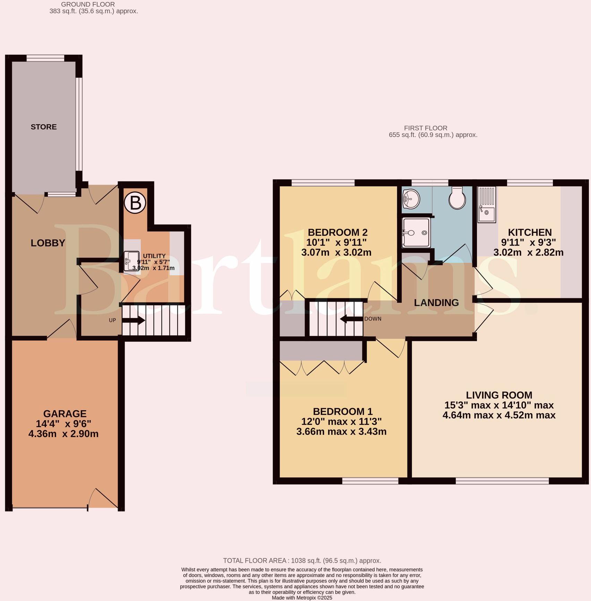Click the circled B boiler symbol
click(x=135, y=203)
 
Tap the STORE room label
click(x=44, y=127)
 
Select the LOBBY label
click(x=48, y=243)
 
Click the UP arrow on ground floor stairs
click(x=133, y=320)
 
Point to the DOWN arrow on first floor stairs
click(x=351, y=319)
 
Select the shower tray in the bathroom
click(x=416, y=233)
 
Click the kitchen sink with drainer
click(x=487, y=204)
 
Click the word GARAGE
click(x=65, y=414)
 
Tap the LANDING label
click(x=436, y=303)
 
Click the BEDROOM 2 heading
click(x=337, y=232)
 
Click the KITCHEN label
click(x=530, y=232)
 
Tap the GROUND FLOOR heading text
click(x=88, y=5)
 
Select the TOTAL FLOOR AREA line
click(x=302, y=560)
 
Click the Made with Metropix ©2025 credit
click(x=302, y=598)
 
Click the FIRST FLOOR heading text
click(x=426, y=128)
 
